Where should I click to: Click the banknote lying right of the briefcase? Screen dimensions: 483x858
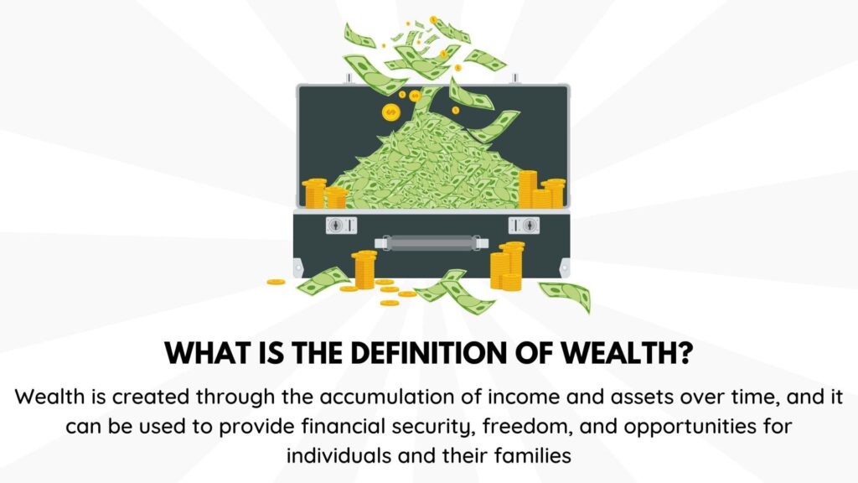click(564, 294)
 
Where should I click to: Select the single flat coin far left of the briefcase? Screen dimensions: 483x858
click(276, 282)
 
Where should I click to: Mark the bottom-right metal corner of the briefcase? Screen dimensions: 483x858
click(561, 270)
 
